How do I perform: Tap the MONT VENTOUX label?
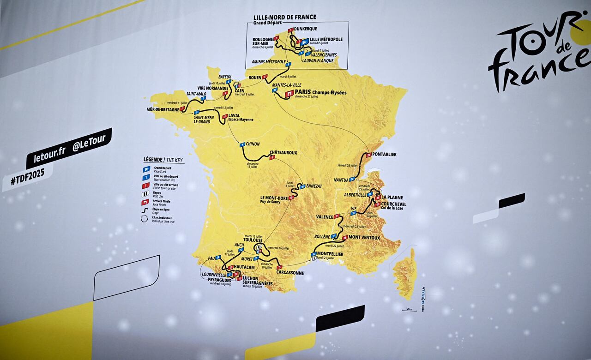[364, 238]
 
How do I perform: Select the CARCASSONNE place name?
[290, 273]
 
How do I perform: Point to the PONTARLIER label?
[385, 155]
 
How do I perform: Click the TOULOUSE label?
[253, 240]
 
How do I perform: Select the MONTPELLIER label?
[330, 254]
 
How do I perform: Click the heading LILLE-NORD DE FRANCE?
[284, 17]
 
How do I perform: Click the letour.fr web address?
[46, 156]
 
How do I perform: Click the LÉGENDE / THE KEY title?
[163, 160]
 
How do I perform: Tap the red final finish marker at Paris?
[289, 93]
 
